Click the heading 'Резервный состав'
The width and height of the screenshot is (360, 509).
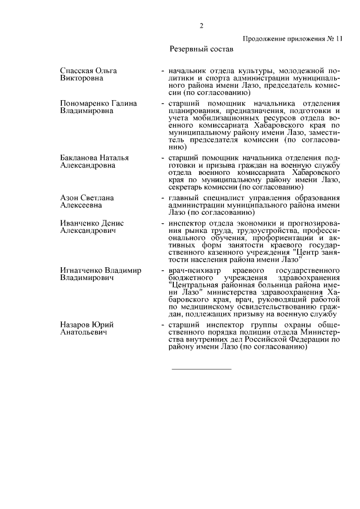[201, 49]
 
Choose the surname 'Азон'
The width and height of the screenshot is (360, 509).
[69, 198]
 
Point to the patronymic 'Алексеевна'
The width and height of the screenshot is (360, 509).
[81, 206]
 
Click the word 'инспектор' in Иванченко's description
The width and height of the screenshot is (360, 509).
[186, 223]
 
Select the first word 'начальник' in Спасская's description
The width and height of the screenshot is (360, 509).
[187, 70]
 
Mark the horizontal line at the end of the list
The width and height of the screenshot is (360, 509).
[201, 369]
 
